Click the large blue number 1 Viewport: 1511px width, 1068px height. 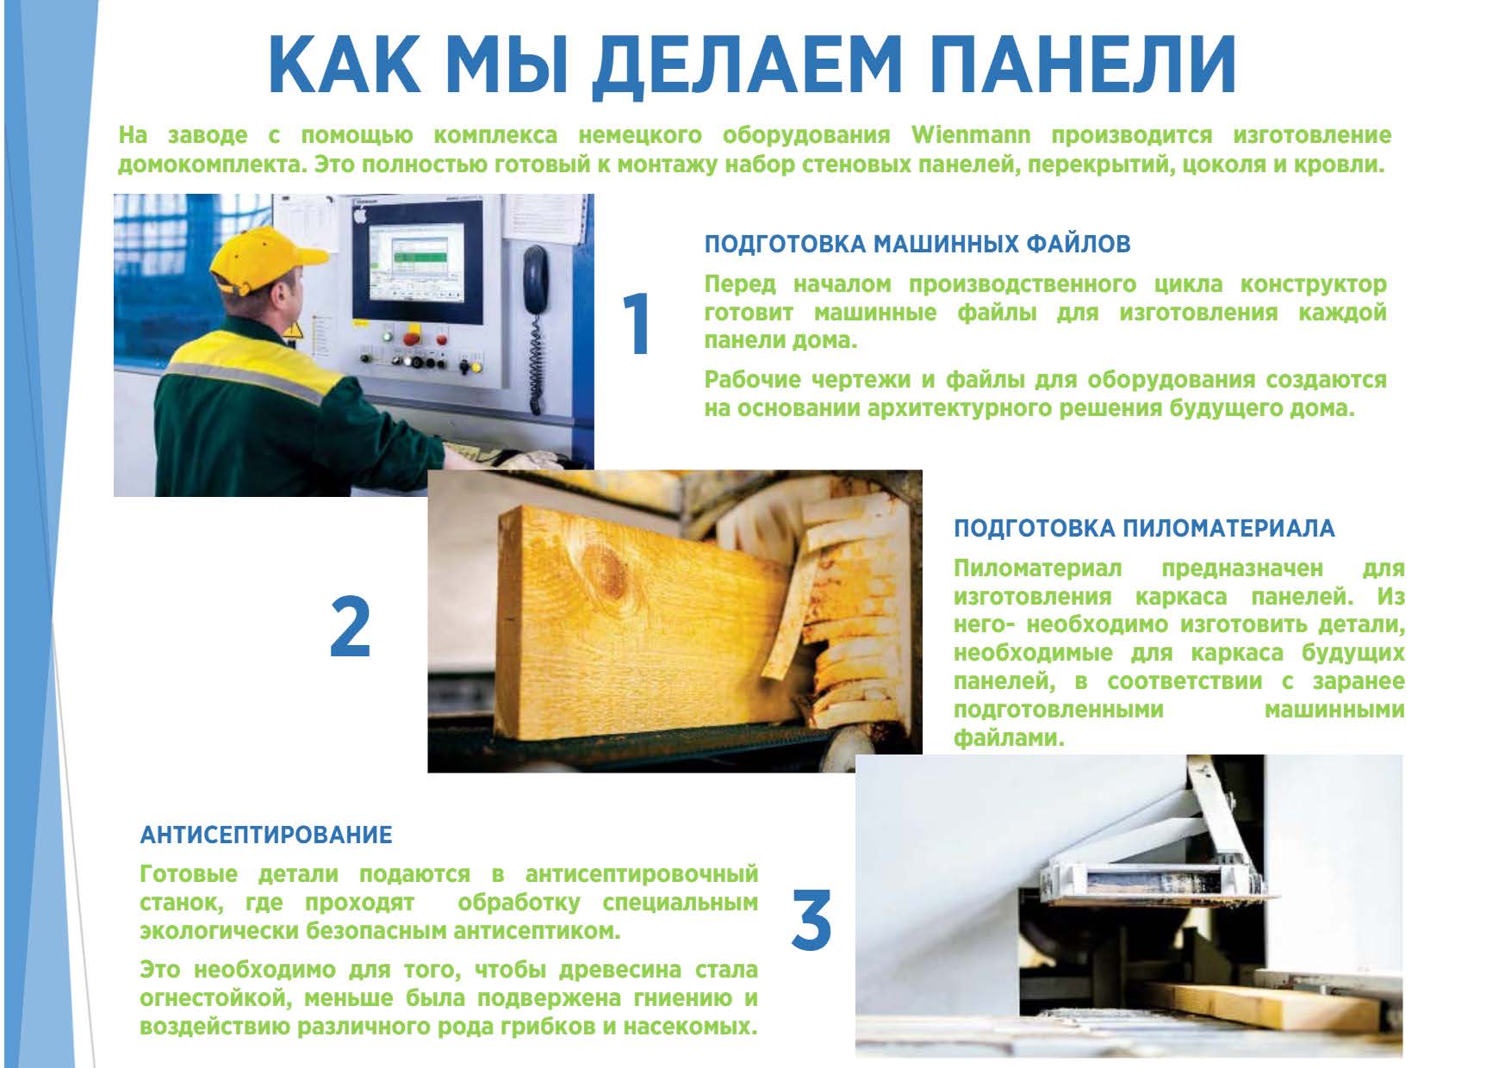(x=637, y=324)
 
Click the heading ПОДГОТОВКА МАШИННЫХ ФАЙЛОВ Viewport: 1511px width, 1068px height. (x=917, y=245)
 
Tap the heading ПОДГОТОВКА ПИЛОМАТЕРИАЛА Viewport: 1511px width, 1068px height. (x=1144, y=529)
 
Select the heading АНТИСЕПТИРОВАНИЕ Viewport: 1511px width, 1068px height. (x=266, y=835)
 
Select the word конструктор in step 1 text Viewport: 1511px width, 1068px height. (x=1314, y=284)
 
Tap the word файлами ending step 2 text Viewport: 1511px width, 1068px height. (x=1009, y=739)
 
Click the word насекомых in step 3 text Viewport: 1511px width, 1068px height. (x=689, y=1028)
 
